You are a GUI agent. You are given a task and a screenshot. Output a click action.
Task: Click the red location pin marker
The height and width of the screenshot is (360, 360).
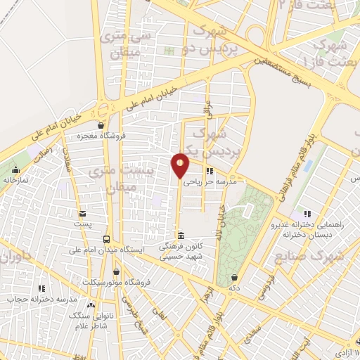click(181, 165)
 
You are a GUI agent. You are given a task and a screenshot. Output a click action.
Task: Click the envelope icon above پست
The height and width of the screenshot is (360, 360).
click(84, 213)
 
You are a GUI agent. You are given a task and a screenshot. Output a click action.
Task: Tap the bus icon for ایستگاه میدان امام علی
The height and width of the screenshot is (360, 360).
click(107, 239)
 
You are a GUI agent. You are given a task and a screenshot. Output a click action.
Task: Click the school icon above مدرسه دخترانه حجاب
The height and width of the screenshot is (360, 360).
click(41, 288)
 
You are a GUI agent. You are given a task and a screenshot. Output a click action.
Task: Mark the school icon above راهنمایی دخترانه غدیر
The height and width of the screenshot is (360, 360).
click(307, 214)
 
